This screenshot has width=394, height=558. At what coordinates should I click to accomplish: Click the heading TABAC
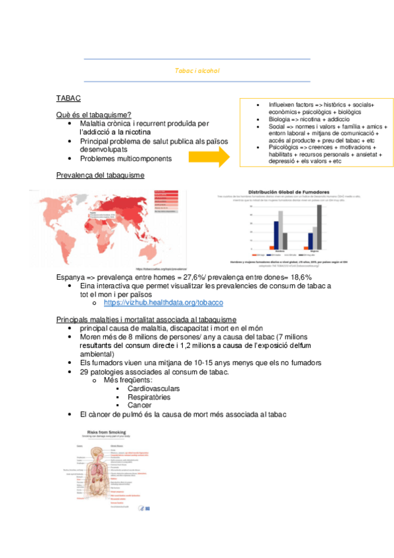click(x=68, y=98)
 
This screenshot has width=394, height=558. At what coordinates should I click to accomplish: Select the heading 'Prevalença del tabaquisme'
click(x=101, y=175)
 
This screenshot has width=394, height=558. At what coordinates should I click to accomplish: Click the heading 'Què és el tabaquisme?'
click(x=93, y=114)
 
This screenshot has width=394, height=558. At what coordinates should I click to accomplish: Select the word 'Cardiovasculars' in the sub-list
click(x=154, y=388)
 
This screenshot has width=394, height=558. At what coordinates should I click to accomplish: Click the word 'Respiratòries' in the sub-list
click(x=149, y=397)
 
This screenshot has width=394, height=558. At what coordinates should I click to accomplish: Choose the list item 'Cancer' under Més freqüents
click(x=139, y=405)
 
